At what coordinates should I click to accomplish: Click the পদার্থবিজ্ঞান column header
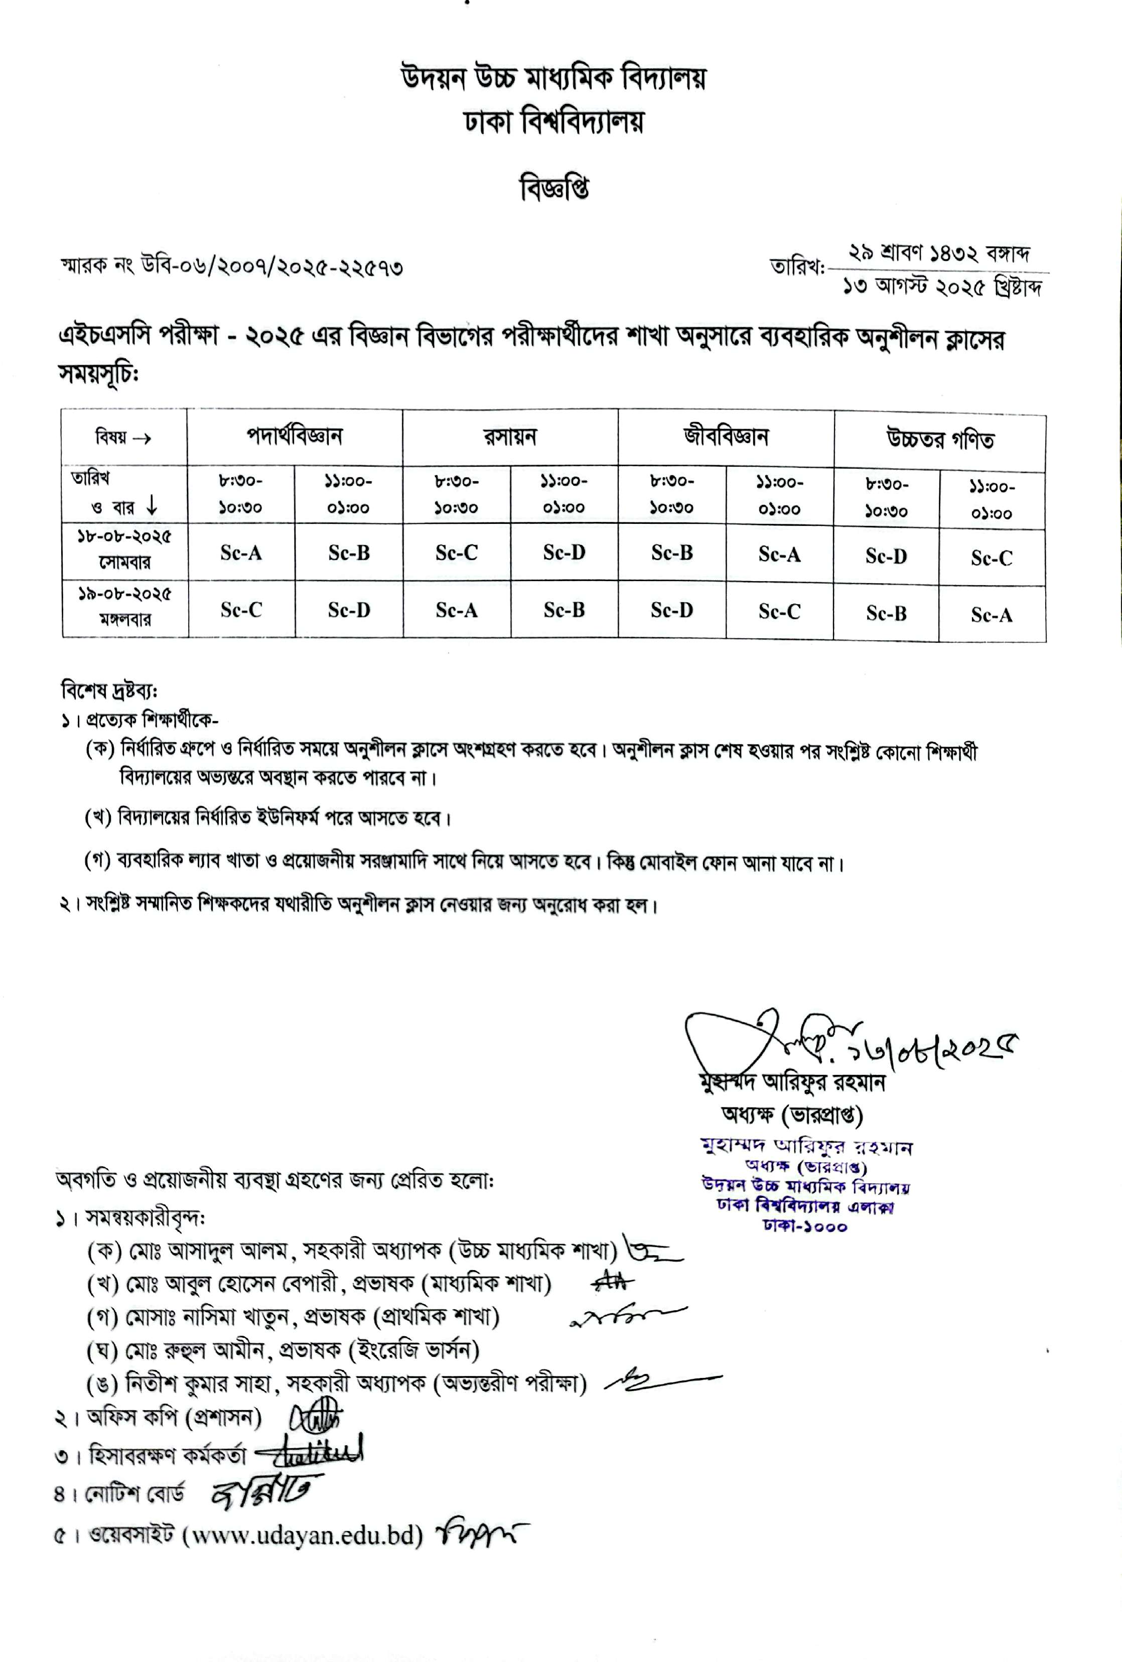[x=295, y=436]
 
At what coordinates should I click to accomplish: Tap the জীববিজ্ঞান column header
[x=726, y=436]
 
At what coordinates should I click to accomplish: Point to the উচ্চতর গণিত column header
[x=940, y=439]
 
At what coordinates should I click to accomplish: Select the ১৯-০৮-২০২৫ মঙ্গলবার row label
[x=124, y=607]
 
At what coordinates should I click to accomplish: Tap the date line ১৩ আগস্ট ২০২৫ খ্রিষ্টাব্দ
[x=941, y=288]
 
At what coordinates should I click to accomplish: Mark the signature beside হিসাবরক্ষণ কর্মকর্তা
[x=309, y=1450]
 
